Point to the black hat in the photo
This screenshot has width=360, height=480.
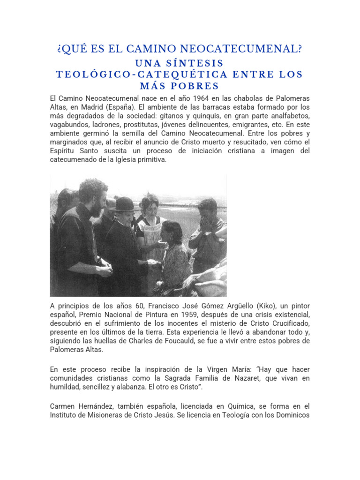click(125, 203)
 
